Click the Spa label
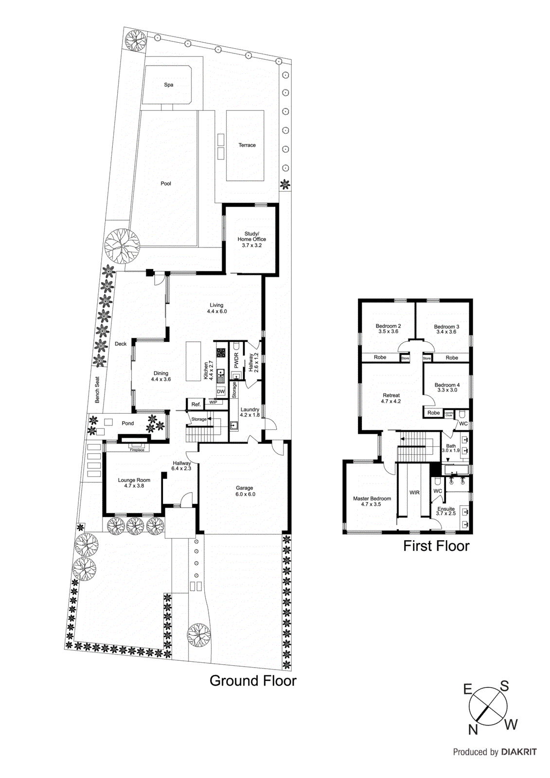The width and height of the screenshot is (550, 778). pos(168,85)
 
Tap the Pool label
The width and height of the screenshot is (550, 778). pos(166,183)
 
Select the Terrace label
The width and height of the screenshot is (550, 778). pos(247,145)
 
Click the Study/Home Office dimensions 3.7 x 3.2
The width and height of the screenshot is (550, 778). pos(252,246)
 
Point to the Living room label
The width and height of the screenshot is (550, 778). pos(216,305)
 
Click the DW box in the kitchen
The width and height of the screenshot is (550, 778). pos(221,391)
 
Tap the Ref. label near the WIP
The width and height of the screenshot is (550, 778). pos(196,405)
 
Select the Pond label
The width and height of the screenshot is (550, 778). pos(127,423)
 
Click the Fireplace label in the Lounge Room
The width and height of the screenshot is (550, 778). pos(137,450)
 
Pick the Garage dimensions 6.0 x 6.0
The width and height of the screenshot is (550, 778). pos(245,494)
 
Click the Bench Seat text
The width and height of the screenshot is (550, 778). pos(97,389)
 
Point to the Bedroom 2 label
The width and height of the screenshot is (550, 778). pos(388,326)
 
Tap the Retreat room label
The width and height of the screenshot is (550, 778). pos(391,395)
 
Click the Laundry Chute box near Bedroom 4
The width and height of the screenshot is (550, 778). pos(449,414)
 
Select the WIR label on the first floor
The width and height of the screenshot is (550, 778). pos(414,493)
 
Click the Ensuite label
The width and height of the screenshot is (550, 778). pos(446,509)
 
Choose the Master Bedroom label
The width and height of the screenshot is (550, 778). pos(372,498)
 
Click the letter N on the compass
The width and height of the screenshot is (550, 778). pos(473,729)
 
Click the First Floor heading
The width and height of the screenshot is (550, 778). pos(436,546)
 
